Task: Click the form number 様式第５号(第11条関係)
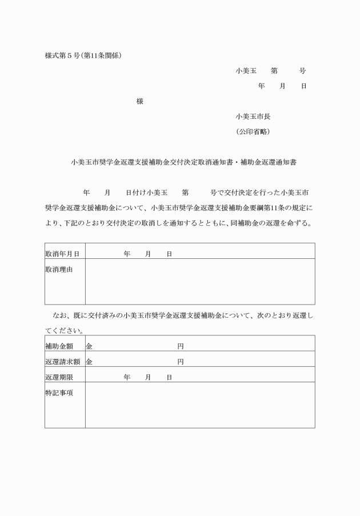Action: coord(83,55)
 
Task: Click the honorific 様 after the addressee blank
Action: coord(140,101)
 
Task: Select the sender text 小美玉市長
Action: coord(253,117)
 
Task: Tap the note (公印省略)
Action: coord(253,131)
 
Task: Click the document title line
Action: coord(183,162)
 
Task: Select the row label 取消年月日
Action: coord(62,253)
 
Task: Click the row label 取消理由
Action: coord(59,269)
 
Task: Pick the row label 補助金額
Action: coord(59,346)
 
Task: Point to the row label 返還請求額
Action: coord(62,361)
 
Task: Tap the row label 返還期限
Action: coord(59,377)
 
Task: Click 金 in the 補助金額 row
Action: coord(89,346)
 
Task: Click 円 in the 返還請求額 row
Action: coord(181,361)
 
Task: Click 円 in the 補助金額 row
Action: coord(181,346)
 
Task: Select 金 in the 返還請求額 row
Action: coord(89,361)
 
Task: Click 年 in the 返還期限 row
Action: coord(127,377)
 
